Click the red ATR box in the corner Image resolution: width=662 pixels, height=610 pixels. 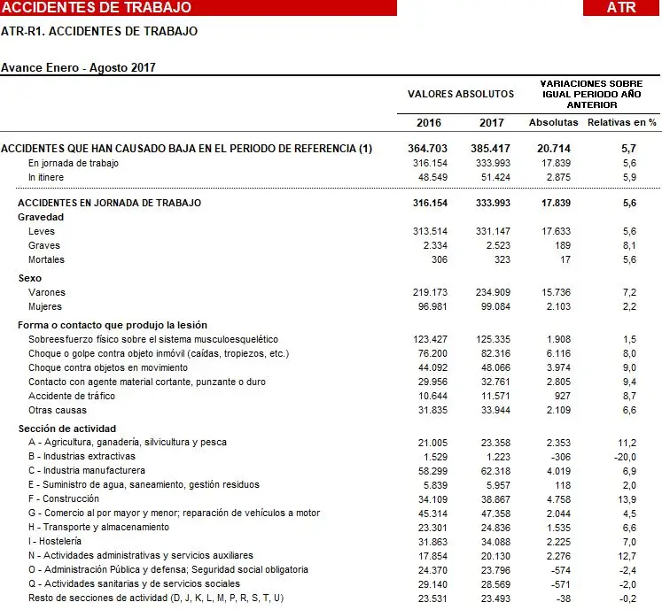click(621, 8)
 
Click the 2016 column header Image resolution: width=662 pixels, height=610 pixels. click(430, 122)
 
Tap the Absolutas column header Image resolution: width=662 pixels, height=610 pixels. click(553, 122)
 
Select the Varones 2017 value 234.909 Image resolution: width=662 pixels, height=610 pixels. click(492, 292)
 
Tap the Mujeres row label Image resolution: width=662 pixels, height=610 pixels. click(46, 306)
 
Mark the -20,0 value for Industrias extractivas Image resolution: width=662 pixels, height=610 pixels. click(626, 456)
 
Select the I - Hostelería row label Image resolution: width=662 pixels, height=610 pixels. click(55, 541)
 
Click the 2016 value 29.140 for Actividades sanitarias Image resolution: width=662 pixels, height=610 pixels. click(432, 584)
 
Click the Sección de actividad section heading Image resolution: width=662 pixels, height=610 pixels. click(66, 429)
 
